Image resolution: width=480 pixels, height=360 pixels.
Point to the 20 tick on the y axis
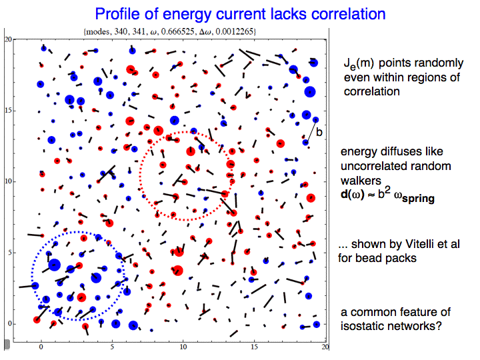[x=8, y=39]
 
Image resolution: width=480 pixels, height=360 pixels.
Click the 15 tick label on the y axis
[x=8, y=110]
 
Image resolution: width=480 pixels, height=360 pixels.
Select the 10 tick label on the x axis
[x=183, y=347]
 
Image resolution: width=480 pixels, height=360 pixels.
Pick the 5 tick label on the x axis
[x=112, y=347]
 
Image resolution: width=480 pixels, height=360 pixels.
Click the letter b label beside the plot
[x=319, y=132]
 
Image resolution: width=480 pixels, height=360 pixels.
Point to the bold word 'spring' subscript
[x=418, y=199]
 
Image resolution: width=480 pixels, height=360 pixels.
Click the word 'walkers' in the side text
[x=361, y=180]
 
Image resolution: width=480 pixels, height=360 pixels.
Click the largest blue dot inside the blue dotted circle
[x=55, y=265]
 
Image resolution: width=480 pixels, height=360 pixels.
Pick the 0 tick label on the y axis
[x=10, y=323]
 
